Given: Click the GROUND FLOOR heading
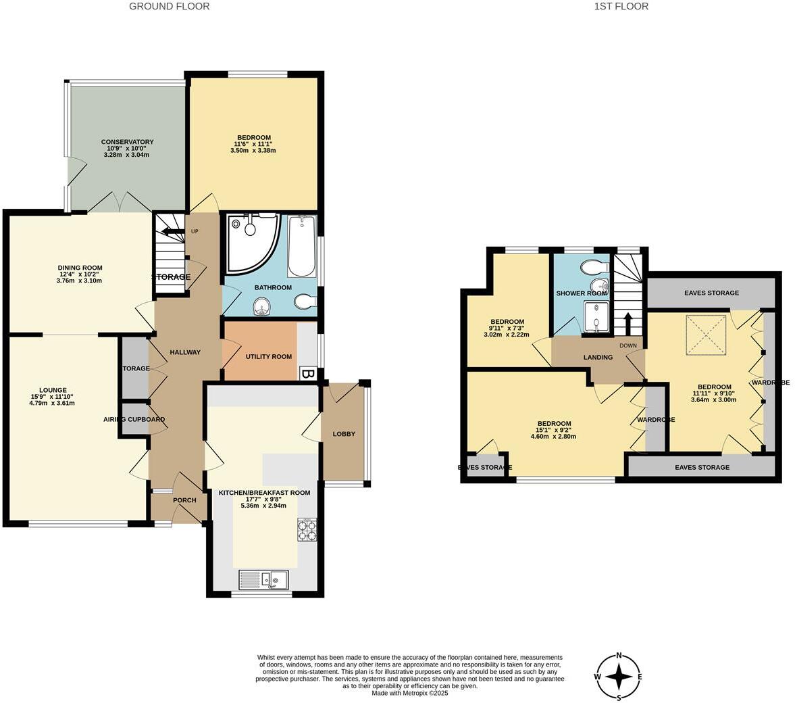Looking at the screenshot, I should (x=169, y=6).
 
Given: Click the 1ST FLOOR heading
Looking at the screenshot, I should (x=621, y=6).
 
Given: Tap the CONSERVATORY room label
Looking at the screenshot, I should (x=127, y=142).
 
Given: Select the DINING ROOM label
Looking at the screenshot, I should (x=80, y=268).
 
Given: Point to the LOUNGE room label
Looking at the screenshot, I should (x=53, y=390).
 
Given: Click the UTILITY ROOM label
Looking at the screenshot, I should (x=268, y=356).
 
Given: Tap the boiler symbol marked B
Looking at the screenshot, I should (x=308, y=374).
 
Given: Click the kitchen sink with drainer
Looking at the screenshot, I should (x=264, y=579).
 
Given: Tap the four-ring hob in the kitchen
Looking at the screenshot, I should (x=307, y=529).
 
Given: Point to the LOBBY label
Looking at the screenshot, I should (x=344, y=434).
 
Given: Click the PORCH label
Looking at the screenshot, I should (x=184, y=500).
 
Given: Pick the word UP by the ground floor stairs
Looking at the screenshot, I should (x=195, y=231).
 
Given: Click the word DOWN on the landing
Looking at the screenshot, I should (x=627, y=345).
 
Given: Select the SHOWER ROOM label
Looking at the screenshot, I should (x=582, y=293).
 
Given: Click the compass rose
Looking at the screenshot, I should (x=618, y=676).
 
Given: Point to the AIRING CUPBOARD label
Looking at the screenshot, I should (x=134, y=419).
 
